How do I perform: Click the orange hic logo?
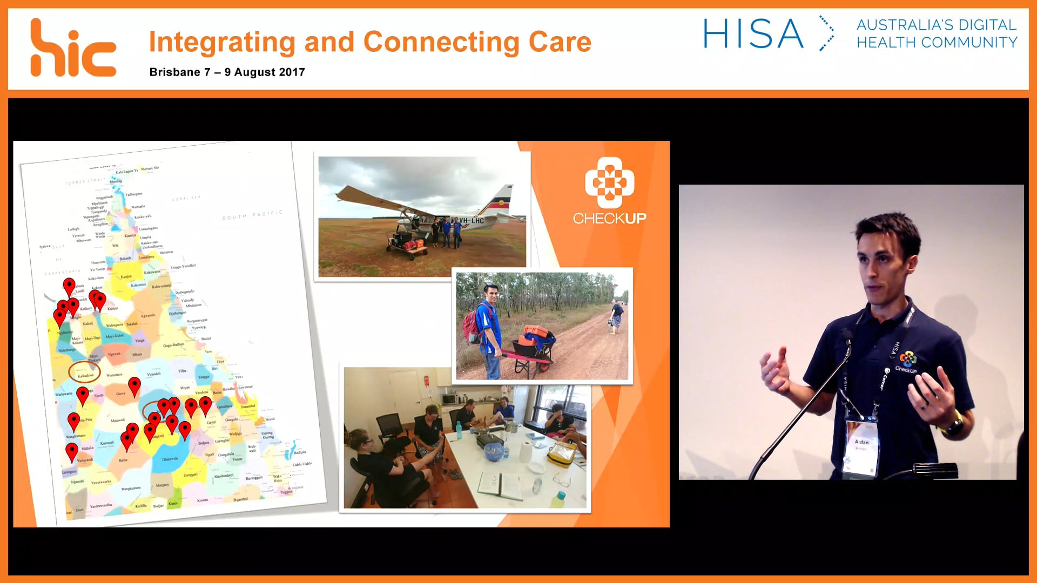point(73,49)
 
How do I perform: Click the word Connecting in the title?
point(441,42)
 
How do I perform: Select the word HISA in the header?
point(753,34)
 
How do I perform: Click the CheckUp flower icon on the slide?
point(609,182)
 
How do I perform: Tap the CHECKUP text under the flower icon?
point(609,219)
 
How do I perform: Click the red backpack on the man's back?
point(472,324)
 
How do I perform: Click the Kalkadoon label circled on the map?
point(85,375)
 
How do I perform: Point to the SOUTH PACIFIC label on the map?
point(252,215)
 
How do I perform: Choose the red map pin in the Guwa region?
point(134,386)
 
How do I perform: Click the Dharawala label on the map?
point(170,459)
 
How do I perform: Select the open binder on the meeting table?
point(500,486)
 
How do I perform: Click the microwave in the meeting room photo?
point(449,399)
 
